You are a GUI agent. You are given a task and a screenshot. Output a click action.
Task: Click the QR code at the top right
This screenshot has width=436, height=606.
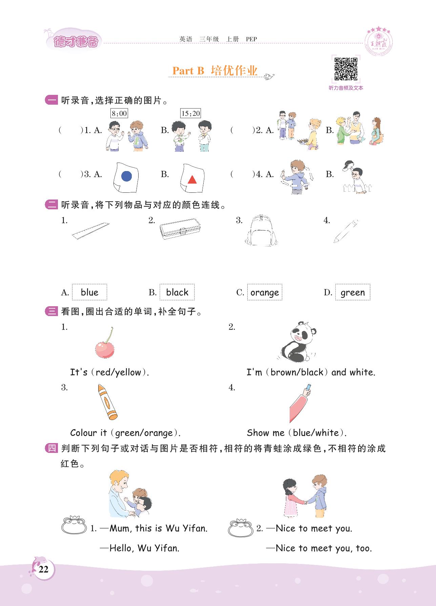coord(346,69)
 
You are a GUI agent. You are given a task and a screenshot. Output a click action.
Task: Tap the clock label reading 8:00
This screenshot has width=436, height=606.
coord(119,113)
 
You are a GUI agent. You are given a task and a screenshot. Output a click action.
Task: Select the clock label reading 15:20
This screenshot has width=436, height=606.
coord(191,113)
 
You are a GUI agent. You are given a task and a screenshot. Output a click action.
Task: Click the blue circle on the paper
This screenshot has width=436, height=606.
coord(126,176)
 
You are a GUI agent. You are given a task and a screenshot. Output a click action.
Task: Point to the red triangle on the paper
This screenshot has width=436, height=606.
coord(192,179)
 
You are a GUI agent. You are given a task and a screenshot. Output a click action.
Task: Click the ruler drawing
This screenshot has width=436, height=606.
coord(91,231)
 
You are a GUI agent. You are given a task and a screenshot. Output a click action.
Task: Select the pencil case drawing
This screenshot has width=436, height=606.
coord(180,229)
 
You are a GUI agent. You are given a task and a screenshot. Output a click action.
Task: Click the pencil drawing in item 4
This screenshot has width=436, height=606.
coord(346,231)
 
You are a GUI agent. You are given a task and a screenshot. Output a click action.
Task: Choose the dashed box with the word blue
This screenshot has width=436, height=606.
coord(89,292)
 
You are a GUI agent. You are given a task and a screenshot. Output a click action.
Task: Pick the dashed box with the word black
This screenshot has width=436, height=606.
coord(177,292)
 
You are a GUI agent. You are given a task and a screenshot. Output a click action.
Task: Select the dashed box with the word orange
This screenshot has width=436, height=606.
coord(265,292)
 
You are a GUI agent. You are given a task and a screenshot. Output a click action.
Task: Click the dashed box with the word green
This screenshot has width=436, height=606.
coord(353,292)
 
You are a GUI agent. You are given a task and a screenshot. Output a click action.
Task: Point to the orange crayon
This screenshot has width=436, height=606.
coord(107,402)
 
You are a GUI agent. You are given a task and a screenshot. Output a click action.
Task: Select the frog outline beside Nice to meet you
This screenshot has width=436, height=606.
coord(241,528)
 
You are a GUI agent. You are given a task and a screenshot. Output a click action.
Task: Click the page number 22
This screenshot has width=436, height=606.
coord(43,569)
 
